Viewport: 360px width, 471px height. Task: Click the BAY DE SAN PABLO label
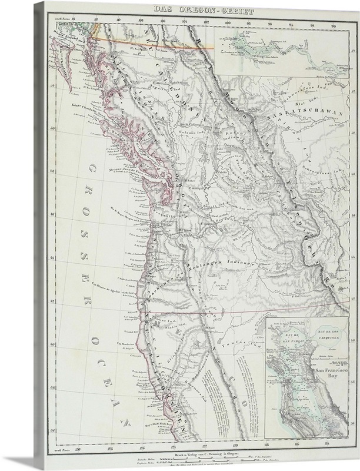284,339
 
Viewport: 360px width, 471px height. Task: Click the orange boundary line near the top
153,34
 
